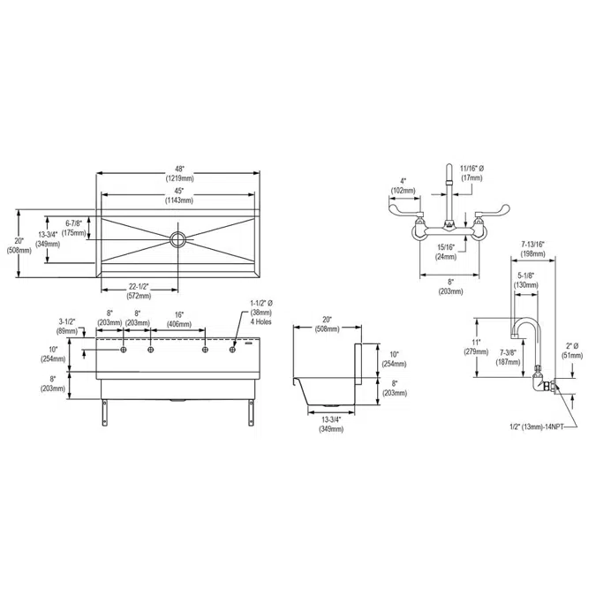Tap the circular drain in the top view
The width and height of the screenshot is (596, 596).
click(x=178, y=238)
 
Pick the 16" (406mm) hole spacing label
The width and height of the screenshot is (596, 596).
click(x=179, y=319)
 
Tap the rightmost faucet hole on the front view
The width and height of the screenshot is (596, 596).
click(x=234, y=351)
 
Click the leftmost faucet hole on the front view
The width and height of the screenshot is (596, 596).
click(x=124, y=351)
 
